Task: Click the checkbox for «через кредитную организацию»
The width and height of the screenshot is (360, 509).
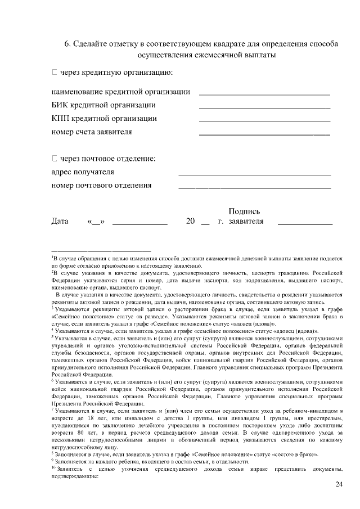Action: (55, 73)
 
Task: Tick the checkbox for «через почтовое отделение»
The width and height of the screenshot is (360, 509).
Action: (55, 159)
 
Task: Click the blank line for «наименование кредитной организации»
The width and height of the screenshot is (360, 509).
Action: (264, 93)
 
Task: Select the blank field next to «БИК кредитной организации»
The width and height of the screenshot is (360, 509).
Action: (264, 107)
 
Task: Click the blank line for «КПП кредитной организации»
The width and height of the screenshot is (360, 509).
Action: (264, 120)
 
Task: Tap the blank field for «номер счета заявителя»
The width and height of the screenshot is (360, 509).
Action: (264, 134)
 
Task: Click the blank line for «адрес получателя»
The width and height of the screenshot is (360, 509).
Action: (254, 174)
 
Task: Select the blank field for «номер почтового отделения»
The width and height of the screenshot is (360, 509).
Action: (254, 187)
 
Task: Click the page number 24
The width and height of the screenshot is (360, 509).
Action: (338, 484)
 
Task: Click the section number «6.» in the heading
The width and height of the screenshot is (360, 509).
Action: (68, 44)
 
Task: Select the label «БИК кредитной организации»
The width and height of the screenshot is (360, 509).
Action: (103, 105)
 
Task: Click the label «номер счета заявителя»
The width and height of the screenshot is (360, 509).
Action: (92, 132)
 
